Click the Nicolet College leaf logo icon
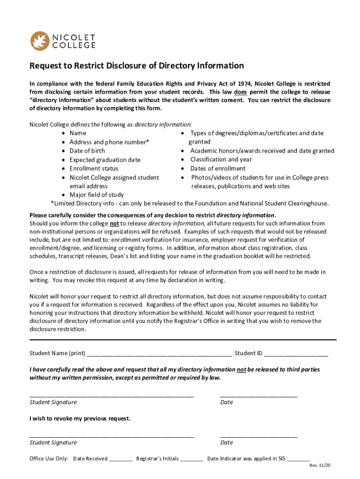point(39,41)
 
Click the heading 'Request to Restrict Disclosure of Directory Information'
point(137,65)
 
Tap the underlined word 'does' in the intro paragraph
point(240,92)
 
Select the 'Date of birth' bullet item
point(87,151)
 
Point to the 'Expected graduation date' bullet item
point(105,160)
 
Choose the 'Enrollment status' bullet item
point(94,168)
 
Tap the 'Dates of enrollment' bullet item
point(217,168)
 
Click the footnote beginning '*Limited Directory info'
point(189,203)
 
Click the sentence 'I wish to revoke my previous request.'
point(80,418)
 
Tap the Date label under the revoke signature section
point(226,443)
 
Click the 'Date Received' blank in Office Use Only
point(121,459)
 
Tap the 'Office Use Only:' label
point(49,459)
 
